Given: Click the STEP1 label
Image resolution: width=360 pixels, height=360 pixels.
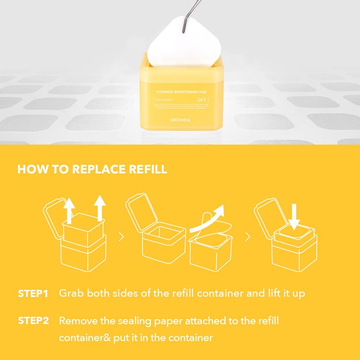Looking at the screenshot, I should pos(33,294).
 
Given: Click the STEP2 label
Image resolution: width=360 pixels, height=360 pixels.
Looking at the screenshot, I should pos(33,321).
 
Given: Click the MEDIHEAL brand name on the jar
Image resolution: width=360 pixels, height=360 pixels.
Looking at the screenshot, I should pos(180,121).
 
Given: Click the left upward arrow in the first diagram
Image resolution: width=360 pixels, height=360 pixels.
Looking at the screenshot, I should pos(69,209).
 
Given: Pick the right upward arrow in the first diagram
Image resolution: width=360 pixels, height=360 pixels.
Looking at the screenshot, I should pos(99,208).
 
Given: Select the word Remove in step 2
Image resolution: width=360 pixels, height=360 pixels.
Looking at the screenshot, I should pos(77,321).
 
